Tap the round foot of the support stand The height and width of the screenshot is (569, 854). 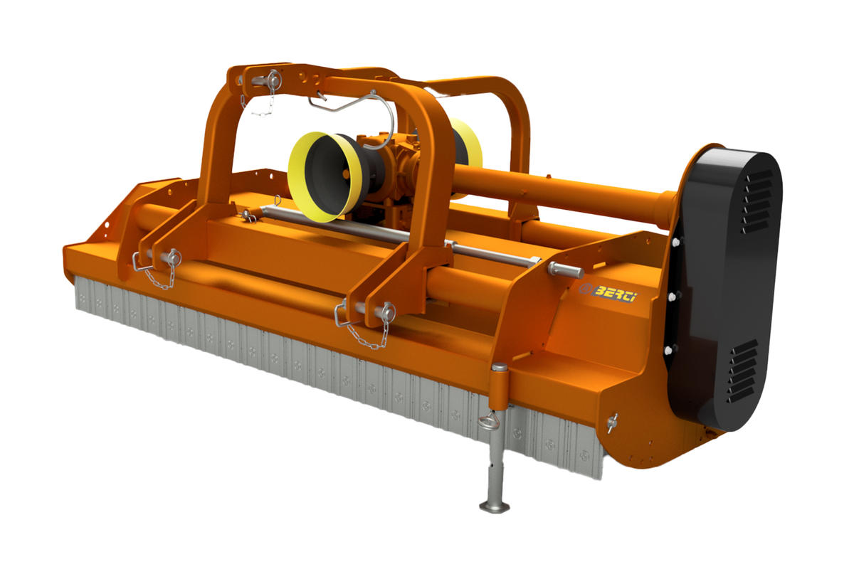[495, 507]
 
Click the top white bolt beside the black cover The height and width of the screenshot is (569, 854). [676, 242]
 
